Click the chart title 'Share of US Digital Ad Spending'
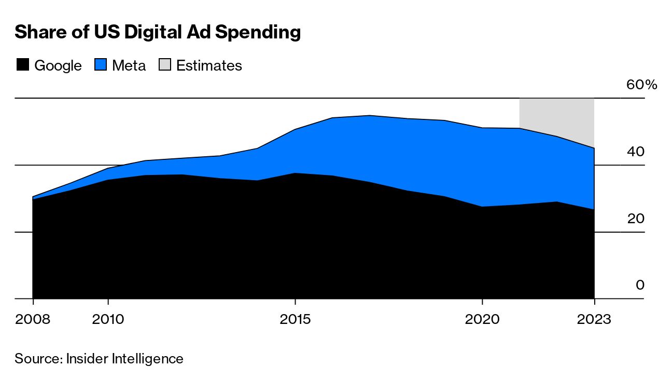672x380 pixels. click(158, 32)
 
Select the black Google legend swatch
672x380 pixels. click(22, 65)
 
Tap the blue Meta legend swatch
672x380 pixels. click(100, 65)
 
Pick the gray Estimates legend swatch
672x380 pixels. click(164, 65)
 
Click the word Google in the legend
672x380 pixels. click(58, 66)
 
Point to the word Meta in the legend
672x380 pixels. click(129, 66)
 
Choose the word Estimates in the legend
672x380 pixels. click(209, 66)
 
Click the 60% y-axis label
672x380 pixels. click(641, 85)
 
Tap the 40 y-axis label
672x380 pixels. click(636, 152)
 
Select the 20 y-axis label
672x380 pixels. click(636, 219)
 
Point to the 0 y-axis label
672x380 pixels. click(640, 286)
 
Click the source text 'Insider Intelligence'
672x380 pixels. click(124, 359)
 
